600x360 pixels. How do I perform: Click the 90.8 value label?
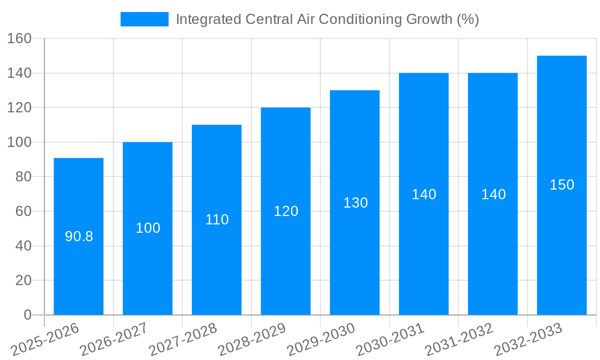point(79,236)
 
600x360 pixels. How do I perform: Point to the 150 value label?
point(562,185)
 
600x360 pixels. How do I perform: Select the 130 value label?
point(355,203)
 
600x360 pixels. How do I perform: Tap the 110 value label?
point(217,220)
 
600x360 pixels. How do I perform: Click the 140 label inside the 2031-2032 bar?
point(493,194)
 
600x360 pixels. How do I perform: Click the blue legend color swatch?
point(145,19)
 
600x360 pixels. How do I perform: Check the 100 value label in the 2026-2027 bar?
point(148,228)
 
